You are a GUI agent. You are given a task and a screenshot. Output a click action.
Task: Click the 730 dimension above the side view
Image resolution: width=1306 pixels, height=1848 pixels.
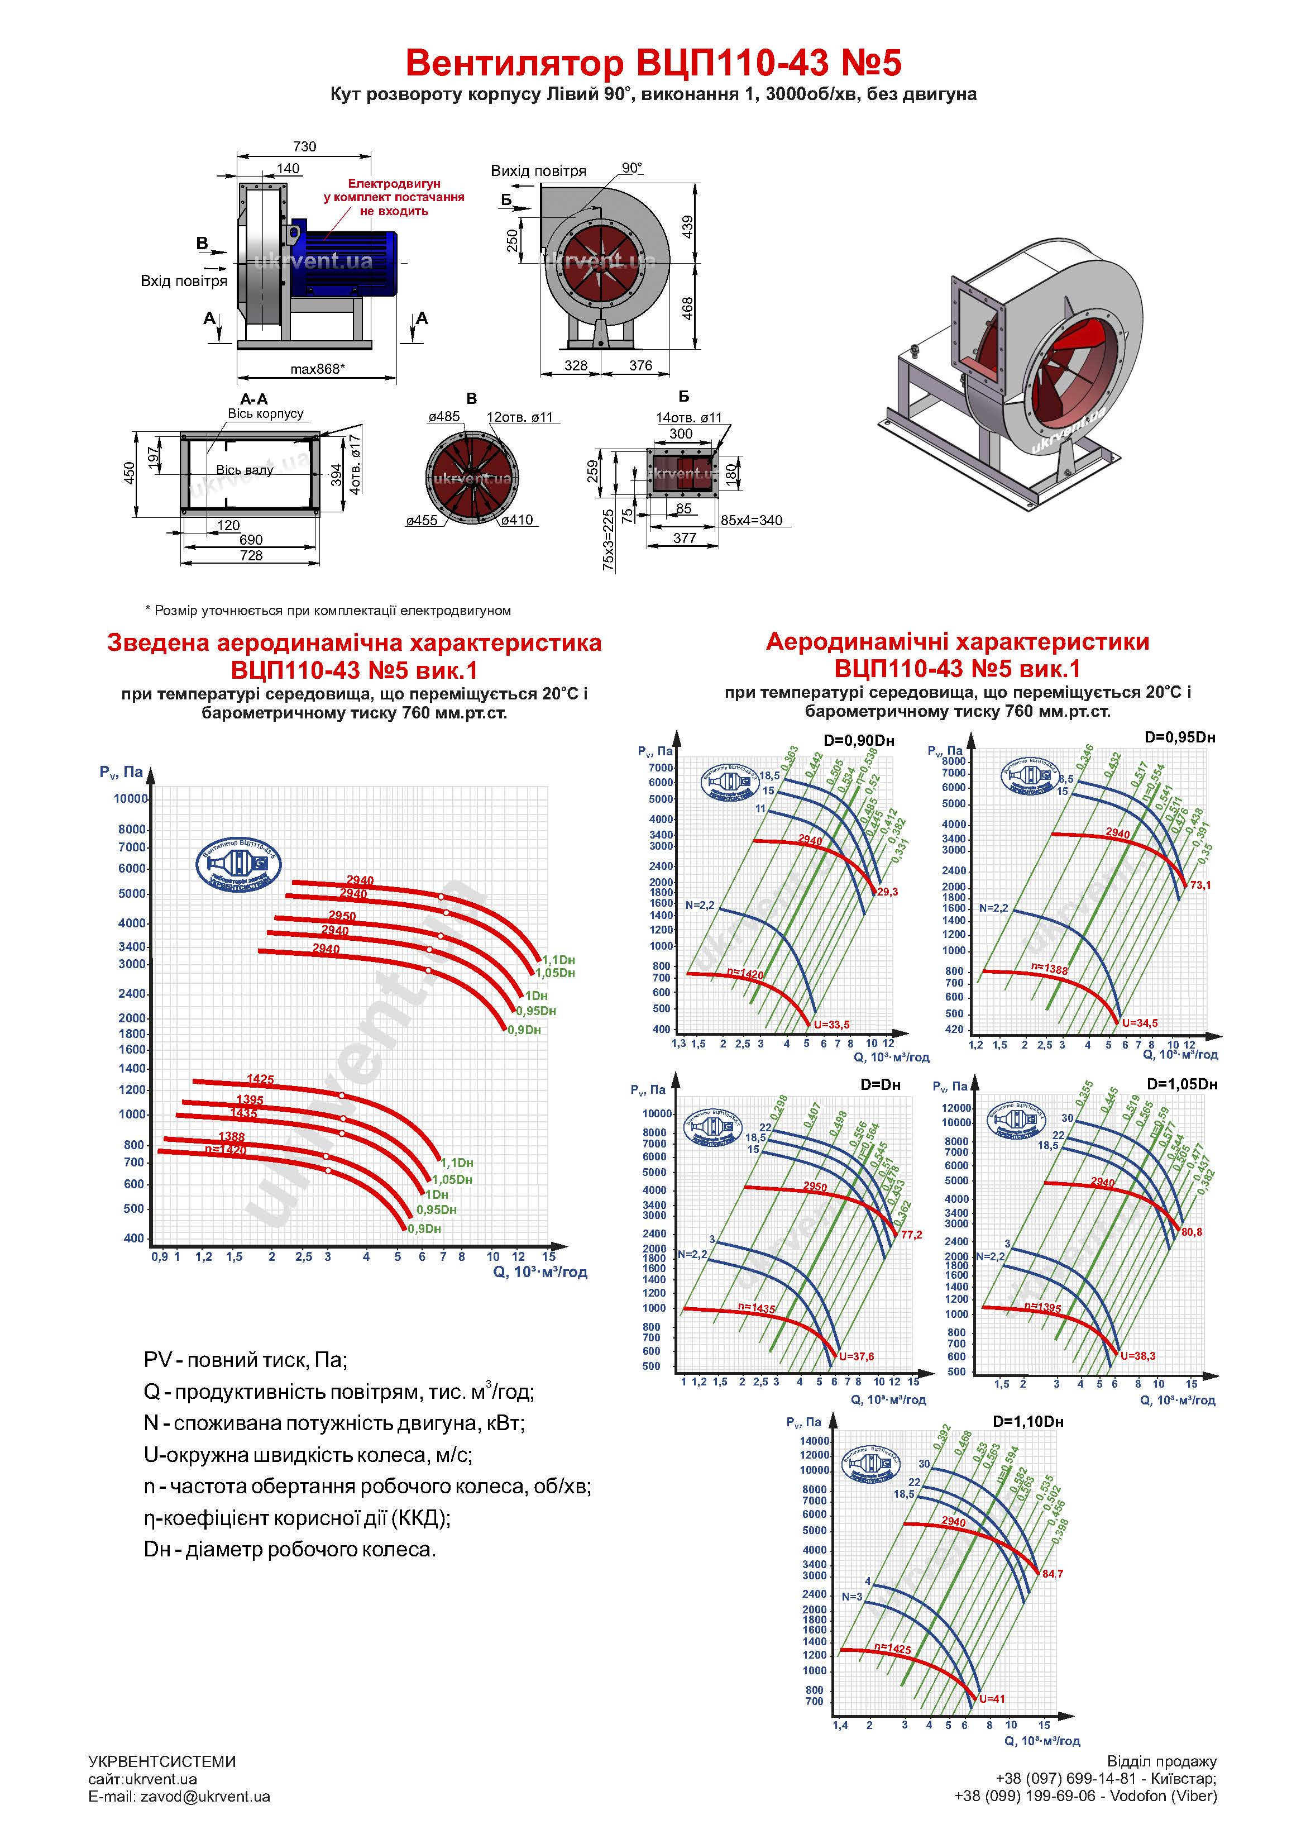pos(304,146)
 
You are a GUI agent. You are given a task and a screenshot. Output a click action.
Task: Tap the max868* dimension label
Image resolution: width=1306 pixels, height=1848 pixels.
pos(317,369)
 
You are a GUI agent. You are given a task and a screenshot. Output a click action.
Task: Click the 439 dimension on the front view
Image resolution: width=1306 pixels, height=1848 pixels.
pos(688,226)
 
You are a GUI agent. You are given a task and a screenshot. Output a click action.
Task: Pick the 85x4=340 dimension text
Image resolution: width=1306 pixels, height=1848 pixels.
pos(751,520)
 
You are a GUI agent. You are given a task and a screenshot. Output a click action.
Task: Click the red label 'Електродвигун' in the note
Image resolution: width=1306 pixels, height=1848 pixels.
pos(394,183)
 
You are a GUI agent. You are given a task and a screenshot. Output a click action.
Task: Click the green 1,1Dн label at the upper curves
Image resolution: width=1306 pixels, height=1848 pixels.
pos(558,959)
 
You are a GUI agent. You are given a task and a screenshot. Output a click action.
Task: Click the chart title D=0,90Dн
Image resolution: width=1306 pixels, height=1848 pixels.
pos(859,741)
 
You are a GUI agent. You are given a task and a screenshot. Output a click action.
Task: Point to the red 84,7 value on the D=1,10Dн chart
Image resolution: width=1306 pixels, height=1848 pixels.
pos(1053,1574)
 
